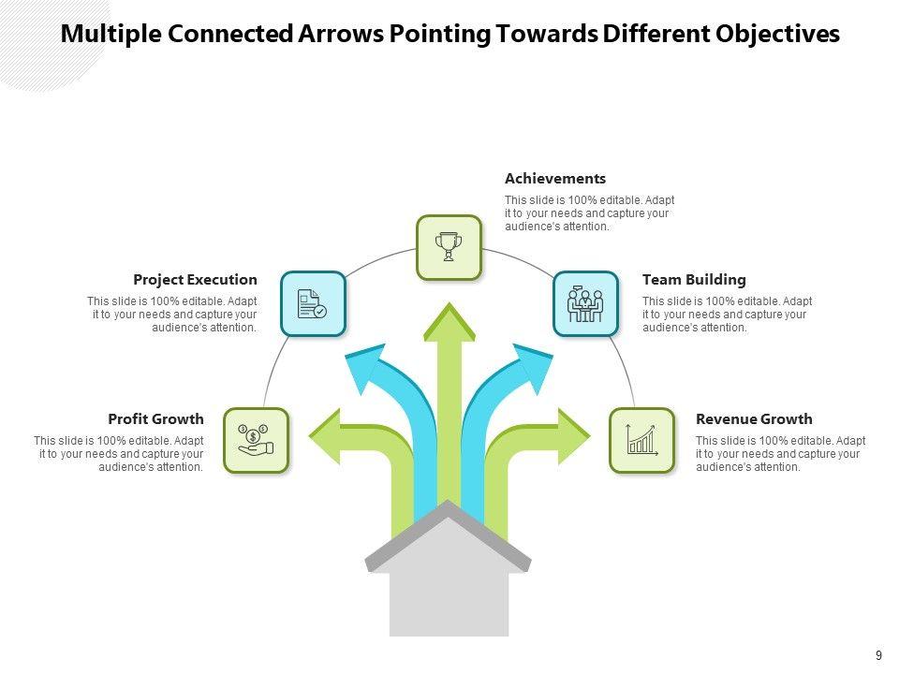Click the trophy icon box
(x=449, y=247)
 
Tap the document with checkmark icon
(x=313, y=303)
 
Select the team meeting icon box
(x=585, y=303)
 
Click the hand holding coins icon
(x=256, y=440)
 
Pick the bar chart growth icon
(x=641, y=440)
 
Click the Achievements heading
(x=555, y=178)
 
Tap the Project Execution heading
(x=195, y=279)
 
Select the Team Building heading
(x=694, y=279)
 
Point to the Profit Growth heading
(x=155, y=418)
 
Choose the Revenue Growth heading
(x=754, y=418)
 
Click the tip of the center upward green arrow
(x=449, y=309)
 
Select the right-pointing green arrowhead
(x=573, y=436)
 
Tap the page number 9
(x=878, y=655)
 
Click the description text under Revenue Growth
(x=780, y=454)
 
